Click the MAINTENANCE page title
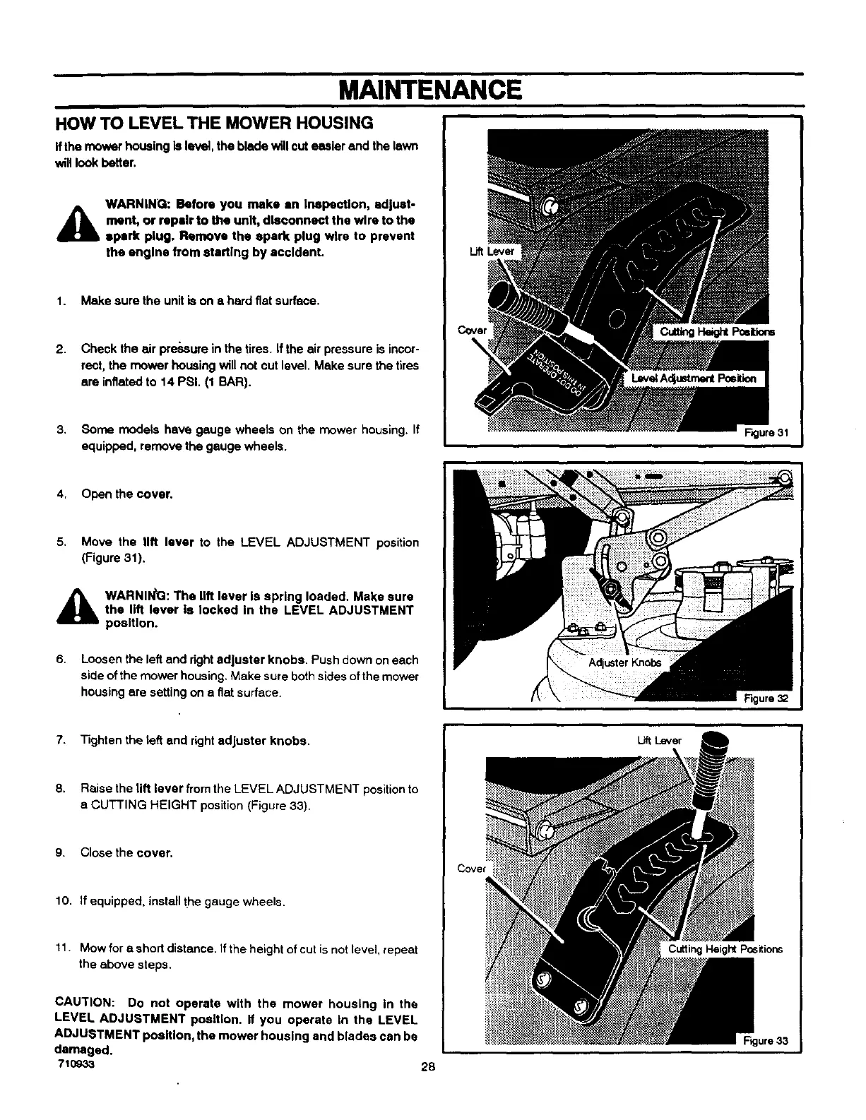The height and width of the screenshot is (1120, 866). [430, 90]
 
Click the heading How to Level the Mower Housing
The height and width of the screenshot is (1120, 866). [214, 124]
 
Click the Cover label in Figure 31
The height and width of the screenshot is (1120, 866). [472, 330]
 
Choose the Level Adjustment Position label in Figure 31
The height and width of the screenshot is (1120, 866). [694, 379]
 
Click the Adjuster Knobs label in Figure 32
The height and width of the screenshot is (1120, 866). [626, 662]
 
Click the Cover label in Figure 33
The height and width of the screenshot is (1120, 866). [473, 869]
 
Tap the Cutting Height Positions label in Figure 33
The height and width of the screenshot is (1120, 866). [725, 948]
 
